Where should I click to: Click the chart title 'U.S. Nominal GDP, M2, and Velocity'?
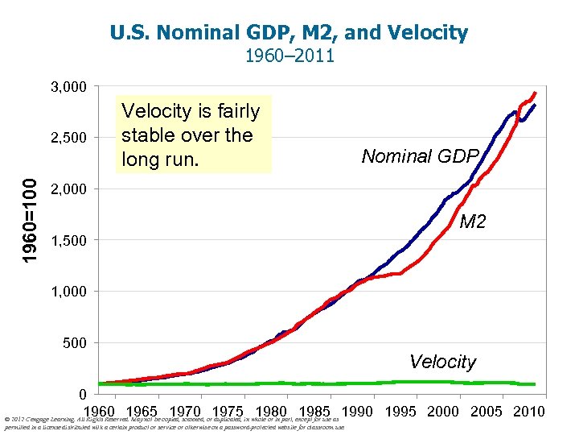click(289, 33)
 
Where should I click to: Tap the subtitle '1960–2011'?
click(289, 56)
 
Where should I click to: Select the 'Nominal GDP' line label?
click(420, 155)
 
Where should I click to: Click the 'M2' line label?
click(472, 221)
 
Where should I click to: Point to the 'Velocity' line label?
click(442, 362)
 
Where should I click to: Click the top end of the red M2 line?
click(536, 92)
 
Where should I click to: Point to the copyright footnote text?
click(173, 423)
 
